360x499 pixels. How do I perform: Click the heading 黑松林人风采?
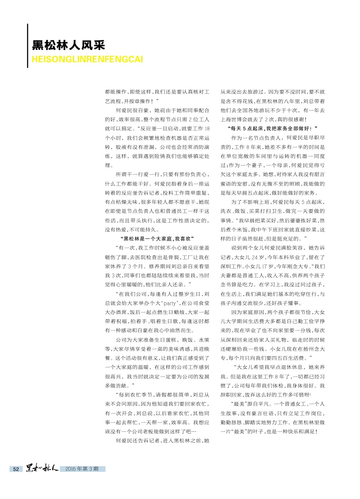[68, 45]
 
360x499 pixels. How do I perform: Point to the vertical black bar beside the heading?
[28, 45]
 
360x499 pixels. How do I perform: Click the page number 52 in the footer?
[15, 469]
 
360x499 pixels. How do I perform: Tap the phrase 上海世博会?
[235, 119]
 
